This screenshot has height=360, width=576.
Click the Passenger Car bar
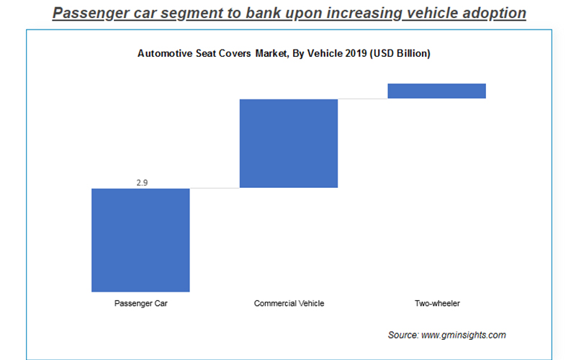(x=140, y=240)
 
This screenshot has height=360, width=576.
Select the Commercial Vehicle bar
(x=289, y=143)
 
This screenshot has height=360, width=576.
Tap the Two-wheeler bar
(x=437, y=91)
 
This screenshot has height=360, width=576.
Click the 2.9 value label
(x=141, y=183)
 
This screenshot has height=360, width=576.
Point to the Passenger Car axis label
(x=140, y=303)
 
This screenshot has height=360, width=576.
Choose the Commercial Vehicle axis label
(x=289, y=303)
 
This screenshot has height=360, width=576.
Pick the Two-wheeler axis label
(x=437, y=303)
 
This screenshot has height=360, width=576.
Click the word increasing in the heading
(x=361, y=13)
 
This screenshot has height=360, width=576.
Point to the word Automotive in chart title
(x=163, y=54)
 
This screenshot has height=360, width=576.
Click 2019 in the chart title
(x=356, y=54)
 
